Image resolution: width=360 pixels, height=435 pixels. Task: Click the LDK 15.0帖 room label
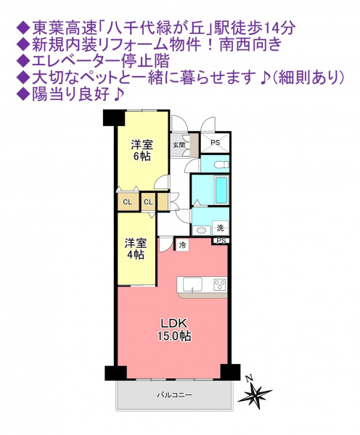point(174,330)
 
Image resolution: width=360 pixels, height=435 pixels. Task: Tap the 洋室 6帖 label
point(142,151)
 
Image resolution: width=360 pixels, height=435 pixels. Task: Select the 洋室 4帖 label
point(135,249)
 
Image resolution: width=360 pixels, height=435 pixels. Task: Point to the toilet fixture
point(221,165)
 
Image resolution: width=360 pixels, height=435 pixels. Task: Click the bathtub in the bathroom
point(221,190)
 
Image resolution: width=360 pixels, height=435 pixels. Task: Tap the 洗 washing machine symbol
point(220,228)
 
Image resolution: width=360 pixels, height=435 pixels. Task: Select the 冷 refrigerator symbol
point(182,245)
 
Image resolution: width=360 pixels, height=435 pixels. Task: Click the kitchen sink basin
point(192,285)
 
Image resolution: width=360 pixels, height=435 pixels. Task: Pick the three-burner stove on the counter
point(220,285)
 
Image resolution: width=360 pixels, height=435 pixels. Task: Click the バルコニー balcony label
point(174,394)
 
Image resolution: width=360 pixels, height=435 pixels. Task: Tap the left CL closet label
point(128,202)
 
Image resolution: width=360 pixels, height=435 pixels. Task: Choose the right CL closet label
point(148,202)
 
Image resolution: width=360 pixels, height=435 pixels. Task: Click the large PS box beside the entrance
point(216,142)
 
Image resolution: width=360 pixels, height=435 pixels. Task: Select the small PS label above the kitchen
point(221,241)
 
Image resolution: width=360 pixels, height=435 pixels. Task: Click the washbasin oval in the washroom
point(201,231)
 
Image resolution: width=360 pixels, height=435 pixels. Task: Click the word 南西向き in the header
point(251,45)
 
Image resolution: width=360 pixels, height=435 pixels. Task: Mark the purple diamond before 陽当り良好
point(23,95)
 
